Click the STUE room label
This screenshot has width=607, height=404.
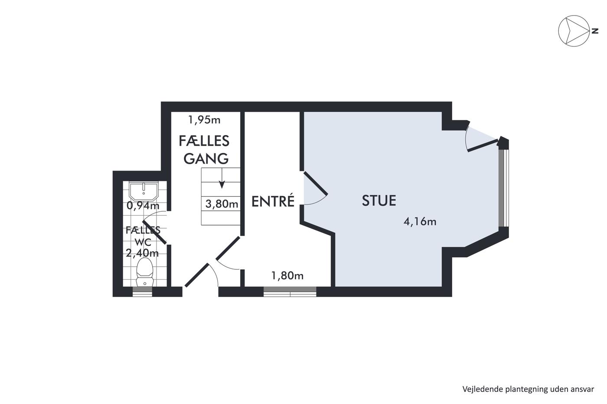click(x=379, y=200)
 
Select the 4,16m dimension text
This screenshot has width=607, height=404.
click(x=420, y=222)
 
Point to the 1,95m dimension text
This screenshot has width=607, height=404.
click(x=204, y=120)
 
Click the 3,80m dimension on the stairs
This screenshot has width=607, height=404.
click(x=222, y=204)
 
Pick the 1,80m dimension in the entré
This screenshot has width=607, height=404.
click(x=287, y=276)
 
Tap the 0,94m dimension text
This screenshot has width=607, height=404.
click(x=143, y=206)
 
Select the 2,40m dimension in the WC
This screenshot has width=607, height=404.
click(x=142, y=253)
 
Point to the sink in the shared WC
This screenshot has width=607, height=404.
click(x=144, y=191)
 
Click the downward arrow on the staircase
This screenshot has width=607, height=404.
click(x=222, y=178)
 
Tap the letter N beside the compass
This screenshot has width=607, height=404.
click(x=595, y=31)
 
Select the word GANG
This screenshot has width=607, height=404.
click(x=206, y=158)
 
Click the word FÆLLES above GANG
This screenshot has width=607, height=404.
click(x=204, y=141)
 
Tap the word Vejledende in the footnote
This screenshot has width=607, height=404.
click(x=477, y=389)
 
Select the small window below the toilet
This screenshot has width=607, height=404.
click(x=142, y=292)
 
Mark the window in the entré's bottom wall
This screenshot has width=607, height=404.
click(x=290, y=292)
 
